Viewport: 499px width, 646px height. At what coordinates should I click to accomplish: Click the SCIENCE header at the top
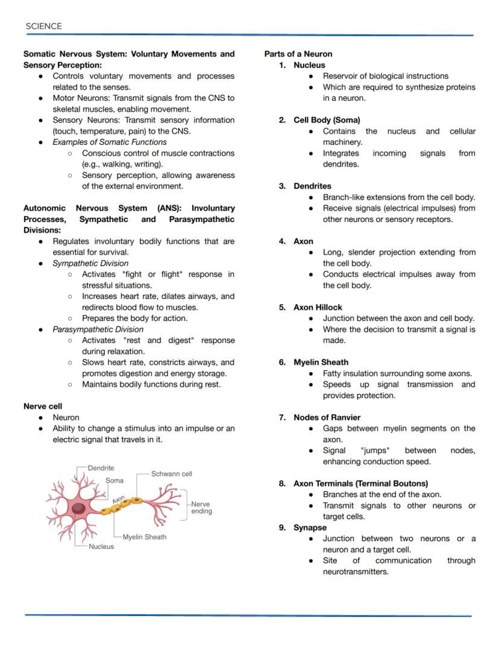click(43, 26)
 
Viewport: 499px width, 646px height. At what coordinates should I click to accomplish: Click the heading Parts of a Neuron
click(298, 54)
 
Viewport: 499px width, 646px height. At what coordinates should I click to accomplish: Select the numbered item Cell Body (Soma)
click(327, 120)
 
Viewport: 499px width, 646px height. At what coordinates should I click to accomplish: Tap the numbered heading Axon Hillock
click(318, 307)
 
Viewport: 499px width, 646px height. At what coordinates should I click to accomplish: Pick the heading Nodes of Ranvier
click(327, 417)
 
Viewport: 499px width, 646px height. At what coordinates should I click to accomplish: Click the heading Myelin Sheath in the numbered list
click(321, 363)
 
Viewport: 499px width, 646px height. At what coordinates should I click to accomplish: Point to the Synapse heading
click(310, 527)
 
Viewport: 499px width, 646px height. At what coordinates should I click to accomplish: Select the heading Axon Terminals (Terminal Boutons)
click(360, 483)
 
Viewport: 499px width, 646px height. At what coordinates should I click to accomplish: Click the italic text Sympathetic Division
click(90, 263)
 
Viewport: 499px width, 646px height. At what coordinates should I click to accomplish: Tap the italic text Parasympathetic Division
click(98, 329)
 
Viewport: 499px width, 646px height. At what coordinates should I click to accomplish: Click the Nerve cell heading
click(43, 407)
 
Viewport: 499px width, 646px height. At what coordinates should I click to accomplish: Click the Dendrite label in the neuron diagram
click(101, 468)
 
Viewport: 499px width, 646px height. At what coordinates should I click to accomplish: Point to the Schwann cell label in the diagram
click(171, 474)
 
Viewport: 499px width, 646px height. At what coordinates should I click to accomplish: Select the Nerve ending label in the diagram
click(201, 507)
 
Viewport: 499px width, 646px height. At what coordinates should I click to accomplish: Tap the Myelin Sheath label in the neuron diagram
click(144, 537)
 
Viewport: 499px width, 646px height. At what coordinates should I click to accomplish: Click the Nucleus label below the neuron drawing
click(101, 546)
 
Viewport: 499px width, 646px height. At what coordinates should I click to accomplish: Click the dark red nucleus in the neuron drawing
click(78, 508)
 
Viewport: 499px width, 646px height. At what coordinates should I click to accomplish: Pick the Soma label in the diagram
click(115, 481)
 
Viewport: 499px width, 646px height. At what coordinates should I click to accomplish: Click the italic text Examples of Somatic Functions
click(110, 142)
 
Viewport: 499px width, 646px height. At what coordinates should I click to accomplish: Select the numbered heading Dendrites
click(312, 186)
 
